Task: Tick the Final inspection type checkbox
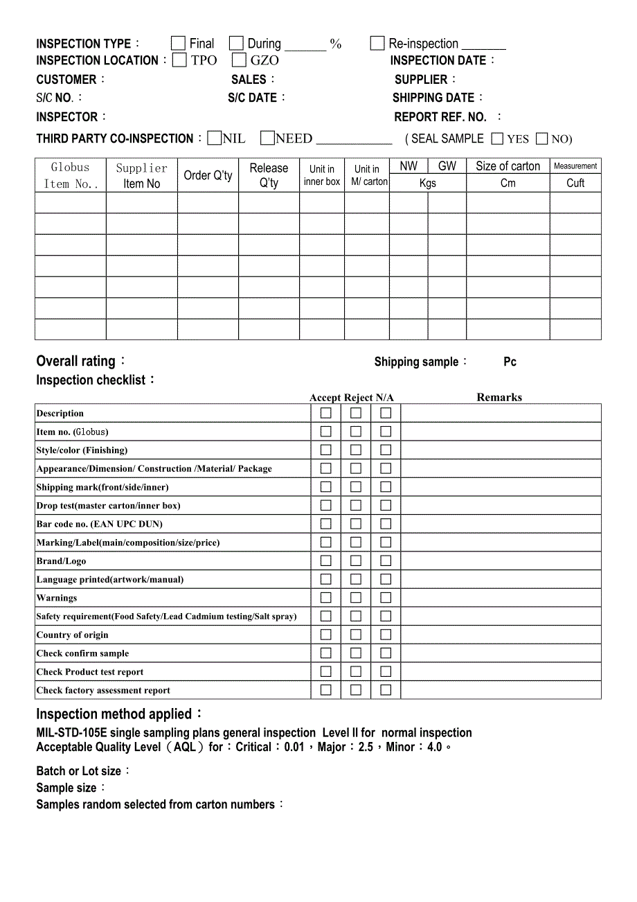[x=178, y=44]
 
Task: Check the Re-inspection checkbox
[x=377, y=44]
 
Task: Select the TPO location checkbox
[x=179, y=60]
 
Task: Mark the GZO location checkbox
[x=239, y=60]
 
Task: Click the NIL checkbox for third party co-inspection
[x=215, y=139]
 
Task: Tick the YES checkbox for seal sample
[x=497, y=139]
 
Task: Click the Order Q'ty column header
[x=208, y=176]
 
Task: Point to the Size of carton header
[x=508, y=166]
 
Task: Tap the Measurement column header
[x=575, y=166]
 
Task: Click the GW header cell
[x=447, y=166]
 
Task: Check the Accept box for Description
[x=326, y=413]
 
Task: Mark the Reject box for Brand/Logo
[x=356, y=560]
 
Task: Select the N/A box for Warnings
[x=386, y=597]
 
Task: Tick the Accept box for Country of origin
[x=326, y=635]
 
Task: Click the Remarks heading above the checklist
[x=499, y=397]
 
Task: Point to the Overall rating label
[x=76, y=361]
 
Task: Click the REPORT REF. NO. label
[x=440, y=117]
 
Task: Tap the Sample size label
[x=66, y=788]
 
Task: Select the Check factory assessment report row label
[x=103, y=690]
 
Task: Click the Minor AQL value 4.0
[x=434, y=747]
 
